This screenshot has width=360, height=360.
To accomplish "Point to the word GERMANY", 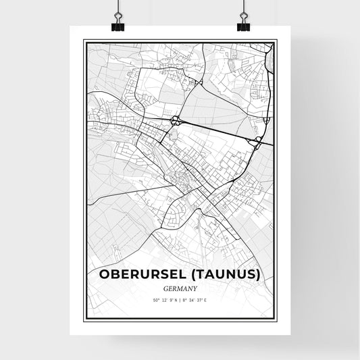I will click(x=180, y=287).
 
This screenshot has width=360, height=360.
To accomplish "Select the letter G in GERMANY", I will click(x=166, y=287).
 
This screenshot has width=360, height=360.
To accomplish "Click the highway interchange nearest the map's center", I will click(x=176, y=121).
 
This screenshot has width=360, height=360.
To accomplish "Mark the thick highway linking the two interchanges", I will click(x=216, y=130).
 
